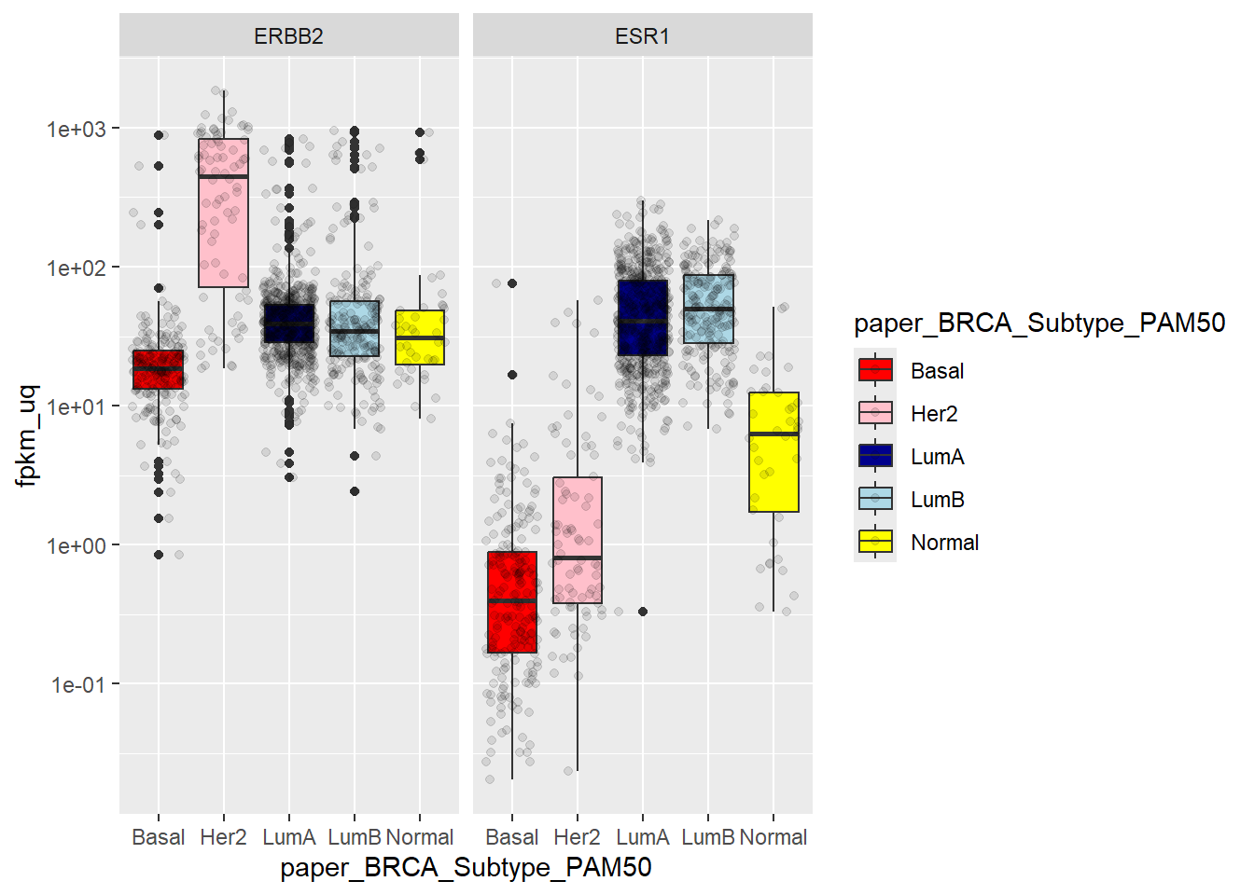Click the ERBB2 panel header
[x=288, y=36]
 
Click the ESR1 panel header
[x=642, y=36]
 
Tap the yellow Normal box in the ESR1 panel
[x=773, y=452]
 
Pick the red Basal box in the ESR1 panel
[x=512, y=602]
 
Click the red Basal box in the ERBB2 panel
[x=159, y=369]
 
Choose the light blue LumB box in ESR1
[x=708, y=309]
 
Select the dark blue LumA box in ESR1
[x=643, y=318]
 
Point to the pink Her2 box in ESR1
[x=578, y=540]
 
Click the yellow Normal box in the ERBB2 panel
[x=420, y=337]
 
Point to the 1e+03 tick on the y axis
[x=77, y=129]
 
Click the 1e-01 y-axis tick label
[x=77, y=685]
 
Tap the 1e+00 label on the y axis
[x=77, y=545]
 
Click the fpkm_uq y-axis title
[x=27, y=435]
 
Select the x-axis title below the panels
[x=466, y=868]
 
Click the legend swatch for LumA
[x=875, y=456]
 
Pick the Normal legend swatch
[x=875, y=542]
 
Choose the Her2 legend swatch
[x=875, y=413]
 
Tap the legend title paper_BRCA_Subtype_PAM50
[x=1039, y=324]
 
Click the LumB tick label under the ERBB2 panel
[x=355, y=837]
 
